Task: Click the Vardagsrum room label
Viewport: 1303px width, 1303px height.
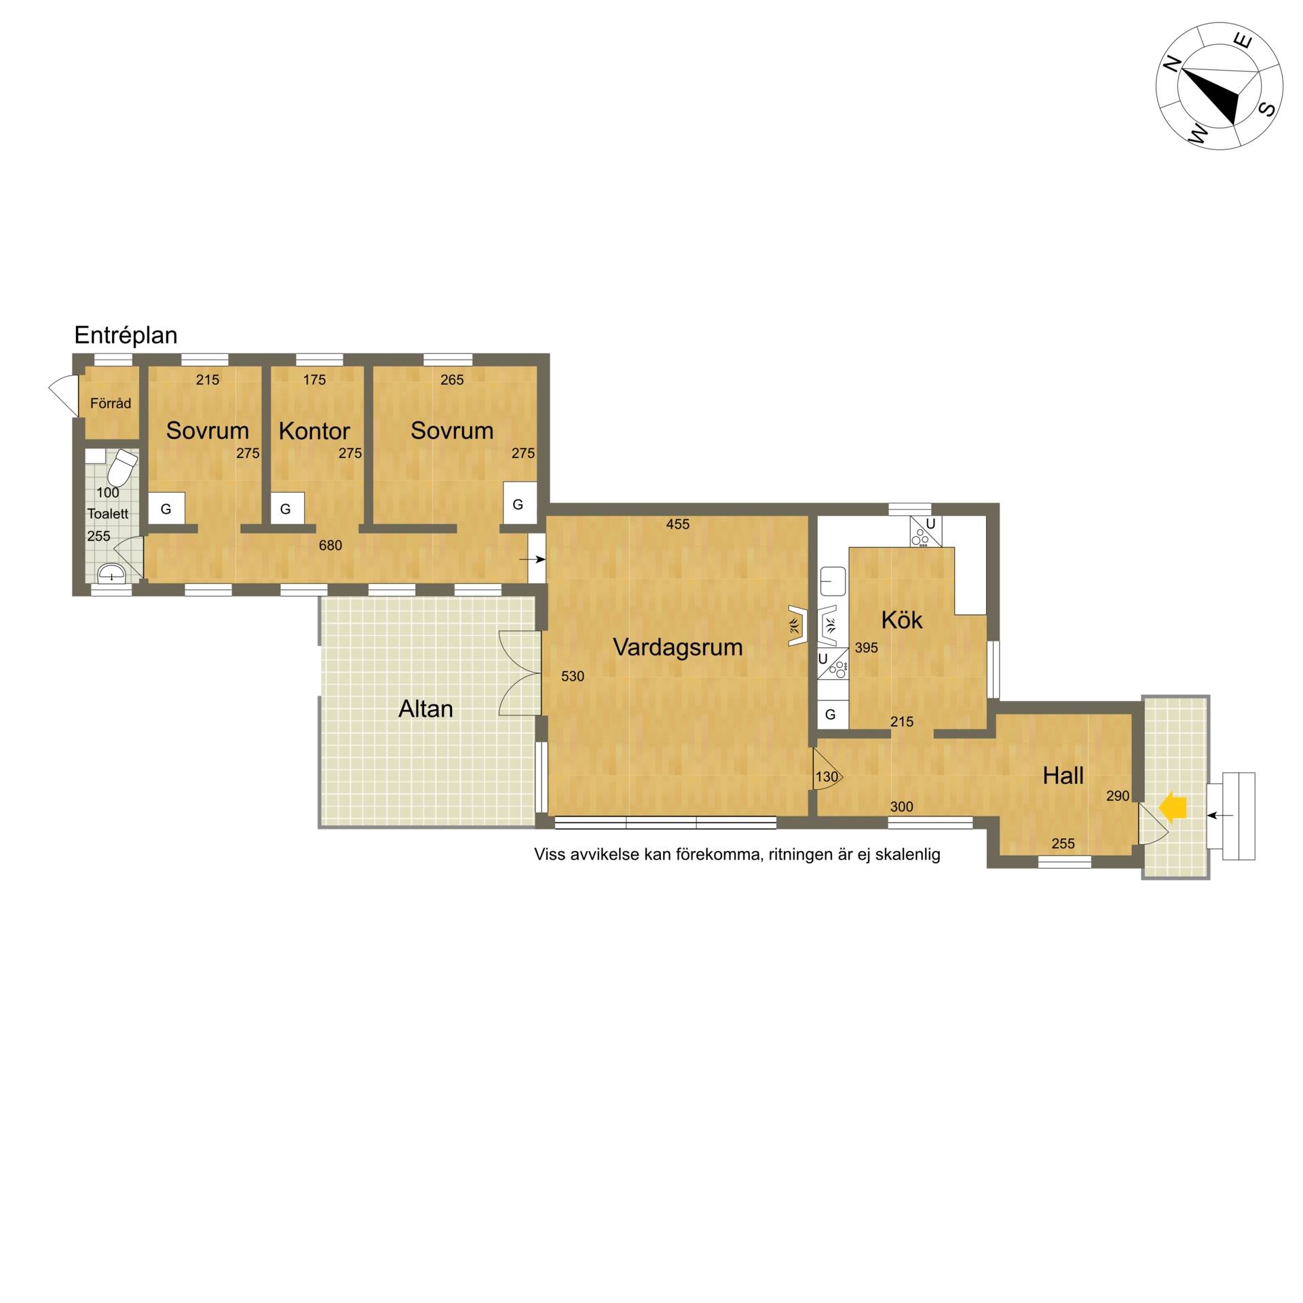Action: pos(677,647)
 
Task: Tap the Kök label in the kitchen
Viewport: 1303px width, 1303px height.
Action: pos(901,620)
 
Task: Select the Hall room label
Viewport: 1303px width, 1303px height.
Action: pos(1063,776)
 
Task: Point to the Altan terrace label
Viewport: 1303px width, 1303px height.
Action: pos(426,709)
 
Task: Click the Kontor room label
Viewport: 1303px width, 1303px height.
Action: pos(314,431)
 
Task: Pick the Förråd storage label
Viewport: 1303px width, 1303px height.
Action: pos(111,403)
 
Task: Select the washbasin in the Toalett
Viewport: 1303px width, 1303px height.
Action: pos(111,575)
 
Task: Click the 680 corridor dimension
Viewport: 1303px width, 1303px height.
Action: pos(331,545)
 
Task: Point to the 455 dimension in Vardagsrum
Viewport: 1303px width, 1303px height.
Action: pos(678,524)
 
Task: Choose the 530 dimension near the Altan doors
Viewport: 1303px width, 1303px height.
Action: pos(573,676)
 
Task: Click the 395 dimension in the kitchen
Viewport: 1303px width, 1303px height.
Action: pos(867,647)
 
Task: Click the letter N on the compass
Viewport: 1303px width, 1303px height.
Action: pos(1172,64)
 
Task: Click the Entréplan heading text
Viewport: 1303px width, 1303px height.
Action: pos(126,335)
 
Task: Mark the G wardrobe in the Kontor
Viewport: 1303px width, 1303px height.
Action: pos(286,508)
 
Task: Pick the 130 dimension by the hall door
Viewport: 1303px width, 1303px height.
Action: pos(827,777)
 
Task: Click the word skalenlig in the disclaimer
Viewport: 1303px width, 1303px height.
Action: pos(907,854)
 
